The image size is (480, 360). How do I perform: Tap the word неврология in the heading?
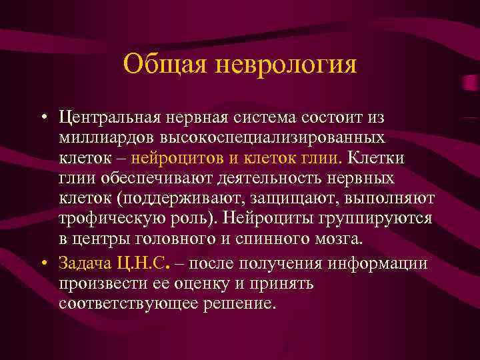[x=287, y=65]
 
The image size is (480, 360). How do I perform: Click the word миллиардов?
[x=107, y=139]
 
